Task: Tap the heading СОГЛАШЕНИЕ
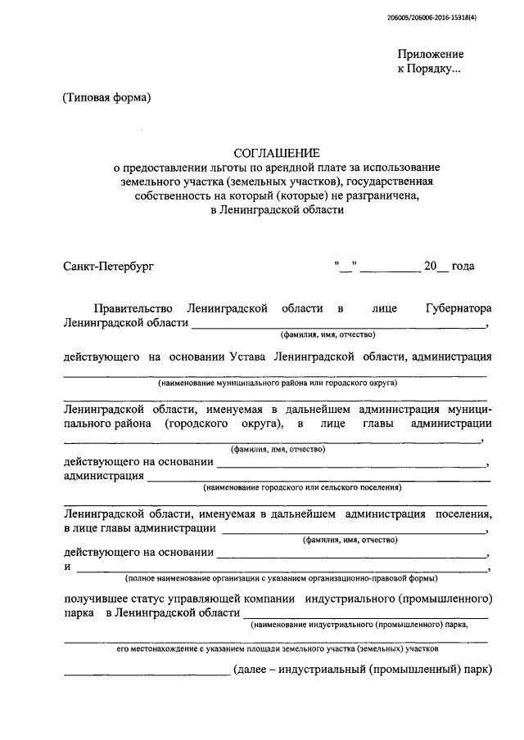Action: tap(278, 152)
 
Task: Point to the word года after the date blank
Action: tap(463, 266)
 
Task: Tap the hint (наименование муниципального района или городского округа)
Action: tap(278, 383)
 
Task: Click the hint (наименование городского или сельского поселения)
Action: tap(302, 487)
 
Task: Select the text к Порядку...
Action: tap(429, 70)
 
